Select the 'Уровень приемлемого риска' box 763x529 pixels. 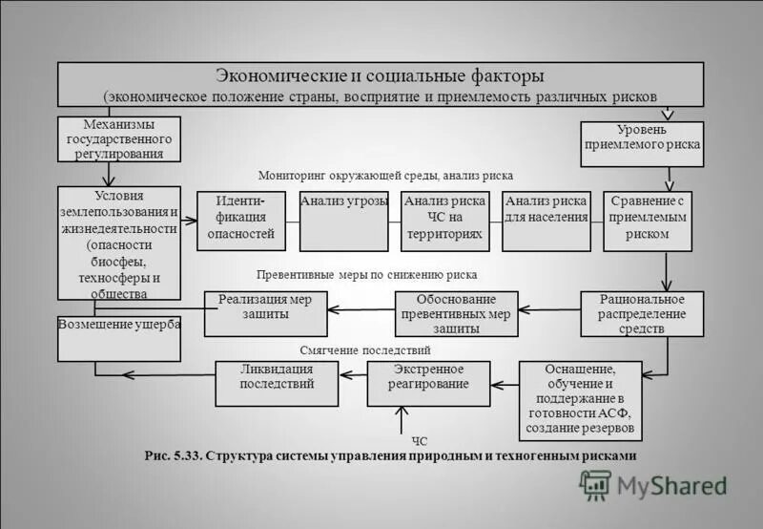tap(642, 143)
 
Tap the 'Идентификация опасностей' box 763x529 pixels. tap(241, 221)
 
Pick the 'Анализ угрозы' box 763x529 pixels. tap(343, 221)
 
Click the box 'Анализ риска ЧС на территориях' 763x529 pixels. tap(445, 221)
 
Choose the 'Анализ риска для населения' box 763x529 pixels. tap(546, 221)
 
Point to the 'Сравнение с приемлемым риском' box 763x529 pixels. tap(648, 221)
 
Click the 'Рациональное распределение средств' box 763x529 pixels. tap(642, 313)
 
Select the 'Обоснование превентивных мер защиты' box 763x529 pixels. tap(457, 313)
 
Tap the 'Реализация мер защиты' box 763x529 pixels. tap(265, 313)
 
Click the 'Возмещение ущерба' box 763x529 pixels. tap(118, 338)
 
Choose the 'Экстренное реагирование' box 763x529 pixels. tap(428, 383)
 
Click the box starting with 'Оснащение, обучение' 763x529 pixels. tap(581, 397)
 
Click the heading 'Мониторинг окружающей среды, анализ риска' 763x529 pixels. tap(385, 176)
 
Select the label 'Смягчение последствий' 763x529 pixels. tap(365, 349)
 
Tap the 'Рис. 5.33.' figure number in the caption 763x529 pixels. tap(172, 456)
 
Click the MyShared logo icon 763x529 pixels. tap(595, 484)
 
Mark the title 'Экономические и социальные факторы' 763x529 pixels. tap(380, 74)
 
